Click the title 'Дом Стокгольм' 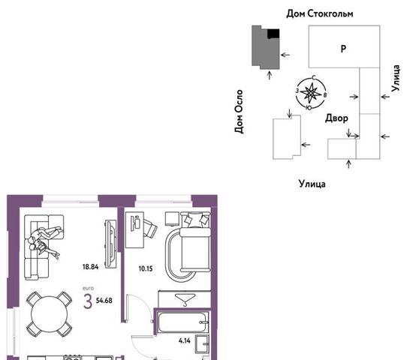click(320, 13)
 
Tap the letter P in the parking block click(344, 49)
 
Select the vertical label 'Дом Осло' click(239, 112)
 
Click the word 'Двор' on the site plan click(336, 118)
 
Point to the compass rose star click(311, 92)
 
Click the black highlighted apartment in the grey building click(273, 34)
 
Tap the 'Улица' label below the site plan click(312, 184)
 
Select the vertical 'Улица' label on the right click(396, 78)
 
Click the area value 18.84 click(90, 267)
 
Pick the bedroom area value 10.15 click(146, 268)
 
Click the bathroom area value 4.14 click(185, 340)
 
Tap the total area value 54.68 click(104, 301)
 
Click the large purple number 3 click(88, 301)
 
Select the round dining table click(49, 314)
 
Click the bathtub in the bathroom click(182, 322)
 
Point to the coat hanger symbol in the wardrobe click(185, 299)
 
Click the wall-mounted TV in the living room click(111, 244)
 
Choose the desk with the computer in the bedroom click(134, 229)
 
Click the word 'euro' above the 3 click(88, 289)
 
